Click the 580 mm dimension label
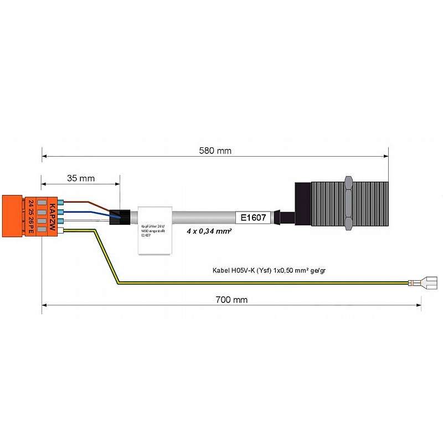(x=216, y=151)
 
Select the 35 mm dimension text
(x=81, y=178)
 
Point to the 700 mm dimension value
(x=231, y=300)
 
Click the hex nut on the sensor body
(x=348, y=203)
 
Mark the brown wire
(x=89, y=203)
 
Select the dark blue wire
(x=89, y=212)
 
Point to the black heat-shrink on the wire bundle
(x=120, y=217)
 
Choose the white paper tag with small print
(x=153, y=230)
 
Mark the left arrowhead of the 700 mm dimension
(x=44, y=305)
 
